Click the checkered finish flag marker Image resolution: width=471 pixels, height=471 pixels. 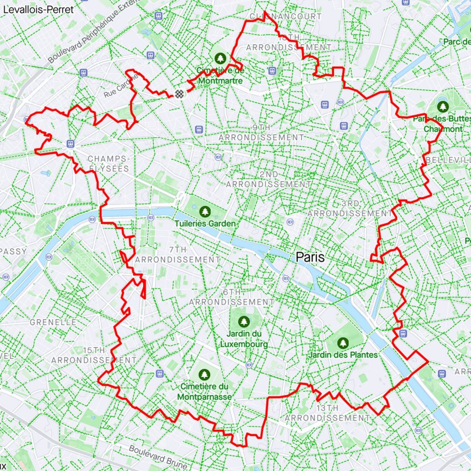coord(179,93)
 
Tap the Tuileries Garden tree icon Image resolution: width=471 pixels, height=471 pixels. coord(205,212)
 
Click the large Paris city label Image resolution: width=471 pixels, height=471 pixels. coord(310,257)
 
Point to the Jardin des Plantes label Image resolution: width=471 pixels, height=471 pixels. coord(343,355)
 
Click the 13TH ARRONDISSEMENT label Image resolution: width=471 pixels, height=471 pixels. coord(327,413)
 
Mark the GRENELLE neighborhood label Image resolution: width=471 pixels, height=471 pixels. coord(53,322)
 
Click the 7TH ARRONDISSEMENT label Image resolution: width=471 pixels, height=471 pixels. coord(178,255)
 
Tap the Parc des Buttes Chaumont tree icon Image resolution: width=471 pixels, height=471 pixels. coord(442,107)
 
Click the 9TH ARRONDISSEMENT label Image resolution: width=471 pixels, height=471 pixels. coord(261,132)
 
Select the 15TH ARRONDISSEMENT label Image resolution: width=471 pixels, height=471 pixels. coord(94,355)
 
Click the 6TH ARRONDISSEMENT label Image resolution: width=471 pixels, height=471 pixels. coord(232,297)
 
